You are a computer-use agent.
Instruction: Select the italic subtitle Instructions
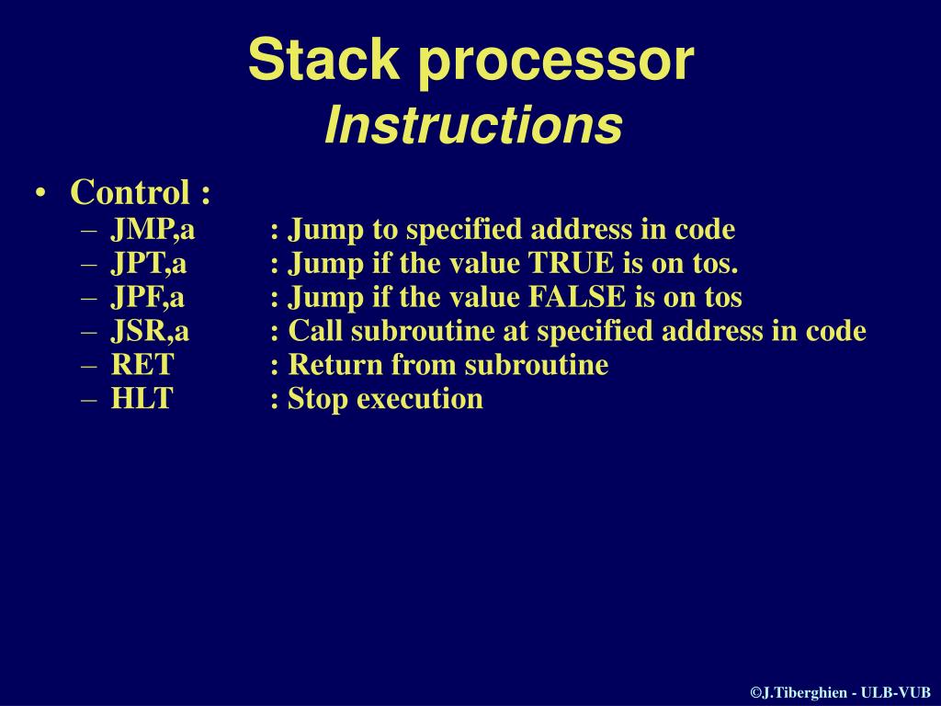tap(473, 126)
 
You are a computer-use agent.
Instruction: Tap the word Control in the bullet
tap(130, 193)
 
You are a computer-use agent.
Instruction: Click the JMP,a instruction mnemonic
tap(153, 230)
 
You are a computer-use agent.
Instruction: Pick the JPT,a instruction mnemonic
tap(149, 264)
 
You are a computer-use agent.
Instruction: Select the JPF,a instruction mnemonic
tap(148, 298)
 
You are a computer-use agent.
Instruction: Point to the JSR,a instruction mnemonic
tap(151, 331)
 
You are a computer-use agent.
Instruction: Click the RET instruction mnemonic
tap(142, 365)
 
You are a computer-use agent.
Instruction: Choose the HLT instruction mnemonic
tap(142, 399)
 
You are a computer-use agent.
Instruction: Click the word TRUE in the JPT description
tap(571, 264)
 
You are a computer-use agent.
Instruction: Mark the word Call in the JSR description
tap(315, 331)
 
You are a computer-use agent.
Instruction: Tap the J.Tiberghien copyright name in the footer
tap(799, 692)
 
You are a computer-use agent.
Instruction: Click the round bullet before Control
tap(41, 194)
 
